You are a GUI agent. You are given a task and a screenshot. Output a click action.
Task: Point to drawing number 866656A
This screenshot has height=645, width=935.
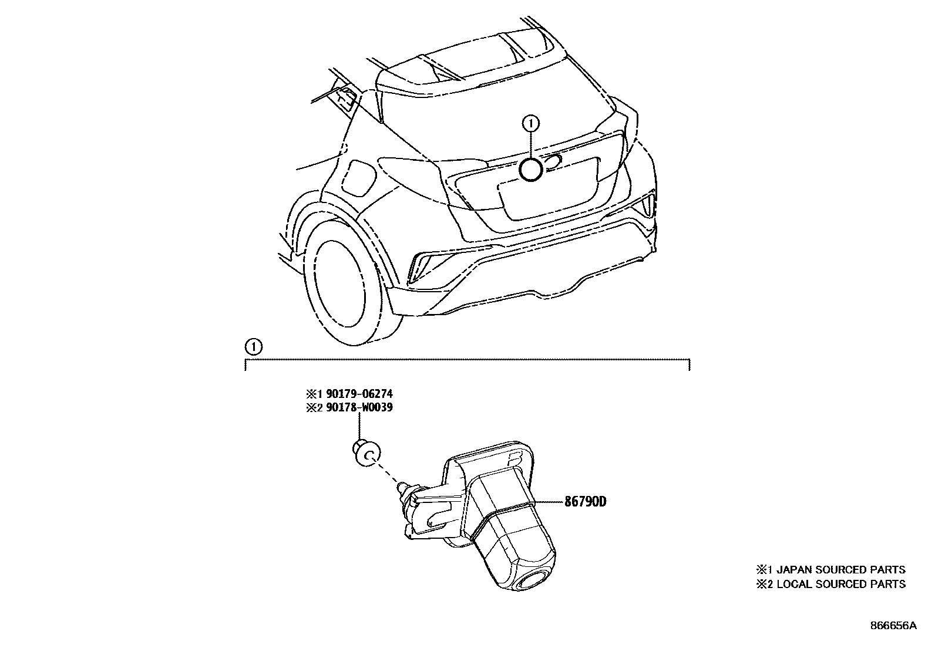pos(893,626)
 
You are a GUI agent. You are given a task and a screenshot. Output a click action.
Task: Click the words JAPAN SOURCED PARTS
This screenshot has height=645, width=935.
pos(840,570)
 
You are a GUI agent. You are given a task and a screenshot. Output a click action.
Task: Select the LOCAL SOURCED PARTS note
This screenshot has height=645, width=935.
pos(840,584)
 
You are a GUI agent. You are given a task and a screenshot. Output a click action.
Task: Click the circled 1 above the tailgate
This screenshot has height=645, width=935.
pos(530,123)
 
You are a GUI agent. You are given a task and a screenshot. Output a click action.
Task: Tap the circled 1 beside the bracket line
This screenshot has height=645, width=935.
pos(253,347)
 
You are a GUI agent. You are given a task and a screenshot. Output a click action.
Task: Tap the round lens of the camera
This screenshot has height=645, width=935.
pos(531,582)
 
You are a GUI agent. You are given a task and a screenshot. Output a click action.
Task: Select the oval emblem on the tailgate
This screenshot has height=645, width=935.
pos(553,164)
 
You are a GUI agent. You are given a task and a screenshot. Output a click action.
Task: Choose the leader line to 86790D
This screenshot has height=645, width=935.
pos(547,502)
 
